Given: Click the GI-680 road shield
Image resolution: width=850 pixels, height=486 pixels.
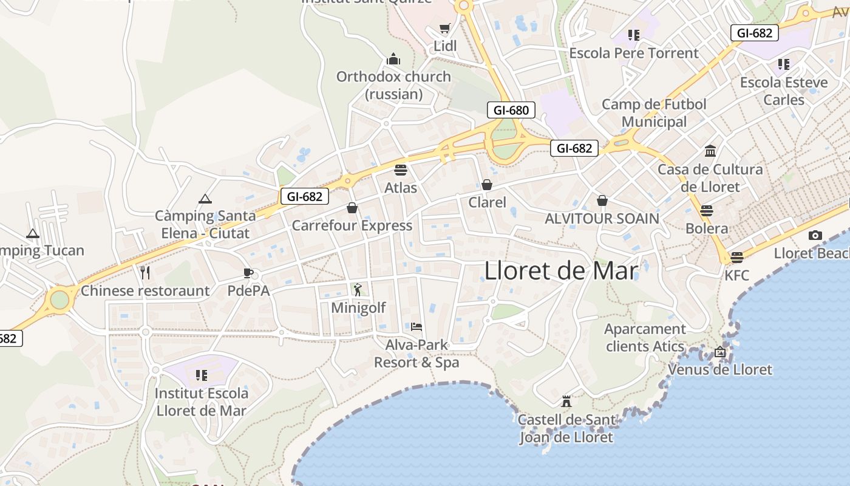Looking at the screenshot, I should pos(511,110).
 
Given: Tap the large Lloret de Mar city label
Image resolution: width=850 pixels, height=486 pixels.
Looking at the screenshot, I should pos(561,271).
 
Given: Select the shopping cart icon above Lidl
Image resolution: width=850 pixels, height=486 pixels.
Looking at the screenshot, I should pos(445,28).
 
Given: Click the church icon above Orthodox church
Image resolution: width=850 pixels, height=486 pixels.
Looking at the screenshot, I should pos(393,59).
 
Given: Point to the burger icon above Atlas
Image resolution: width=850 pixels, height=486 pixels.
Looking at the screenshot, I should pos(400,169).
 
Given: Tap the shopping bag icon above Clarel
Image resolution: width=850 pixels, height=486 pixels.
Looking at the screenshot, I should pos(487,184).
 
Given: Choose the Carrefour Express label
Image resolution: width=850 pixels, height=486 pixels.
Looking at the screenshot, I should pos(352,225).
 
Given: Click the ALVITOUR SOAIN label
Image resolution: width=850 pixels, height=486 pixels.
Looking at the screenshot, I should pos(602,218).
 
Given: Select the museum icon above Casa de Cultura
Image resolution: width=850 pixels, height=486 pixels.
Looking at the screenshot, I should pos(710,151).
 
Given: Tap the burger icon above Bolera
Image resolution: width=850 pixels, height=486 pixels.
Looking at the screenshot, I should pos(706,211).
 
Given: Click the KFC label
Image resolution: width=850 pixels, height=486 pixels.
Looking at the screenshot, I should pos(737,275).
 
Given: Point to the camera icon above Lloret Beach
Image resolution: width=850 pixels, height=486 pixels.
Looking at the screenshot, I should pos(815,235).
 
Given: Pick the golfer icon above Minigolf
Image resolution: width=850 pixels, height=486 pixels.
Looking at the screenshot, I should pos(358,289).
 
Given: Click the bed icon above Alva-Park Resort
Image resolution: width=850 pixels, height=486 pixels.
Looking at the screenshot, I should pos(416,327).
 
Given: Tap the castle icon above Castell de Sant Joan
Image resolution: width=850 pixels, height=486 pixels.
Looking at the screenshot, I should pos(566,401).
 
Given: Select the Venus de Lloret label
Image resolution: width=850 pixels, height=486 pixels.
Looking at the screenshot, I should pos(720,369).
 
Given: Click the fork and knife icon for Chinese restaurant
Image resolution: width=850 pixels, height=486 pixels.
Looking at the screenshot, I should pos(145,272).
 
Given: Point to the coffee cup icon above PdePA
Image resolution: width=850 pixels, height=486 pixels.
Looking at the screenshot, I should pos(248,273).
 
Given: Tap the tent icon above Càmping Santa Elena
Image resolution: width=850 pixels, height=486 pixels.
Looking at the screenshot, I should pos(205,198).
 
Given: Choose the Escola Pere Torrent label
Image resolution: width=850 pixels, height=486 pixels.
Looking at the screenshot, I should pos(634,53).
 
